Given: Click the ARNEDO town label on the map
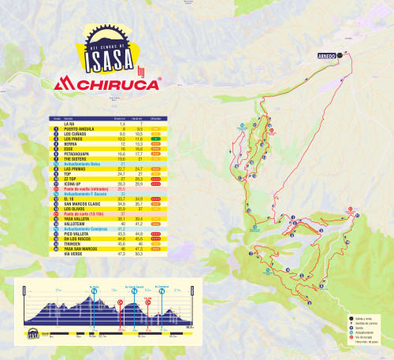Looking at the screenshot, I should click(x=329, y=55).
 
